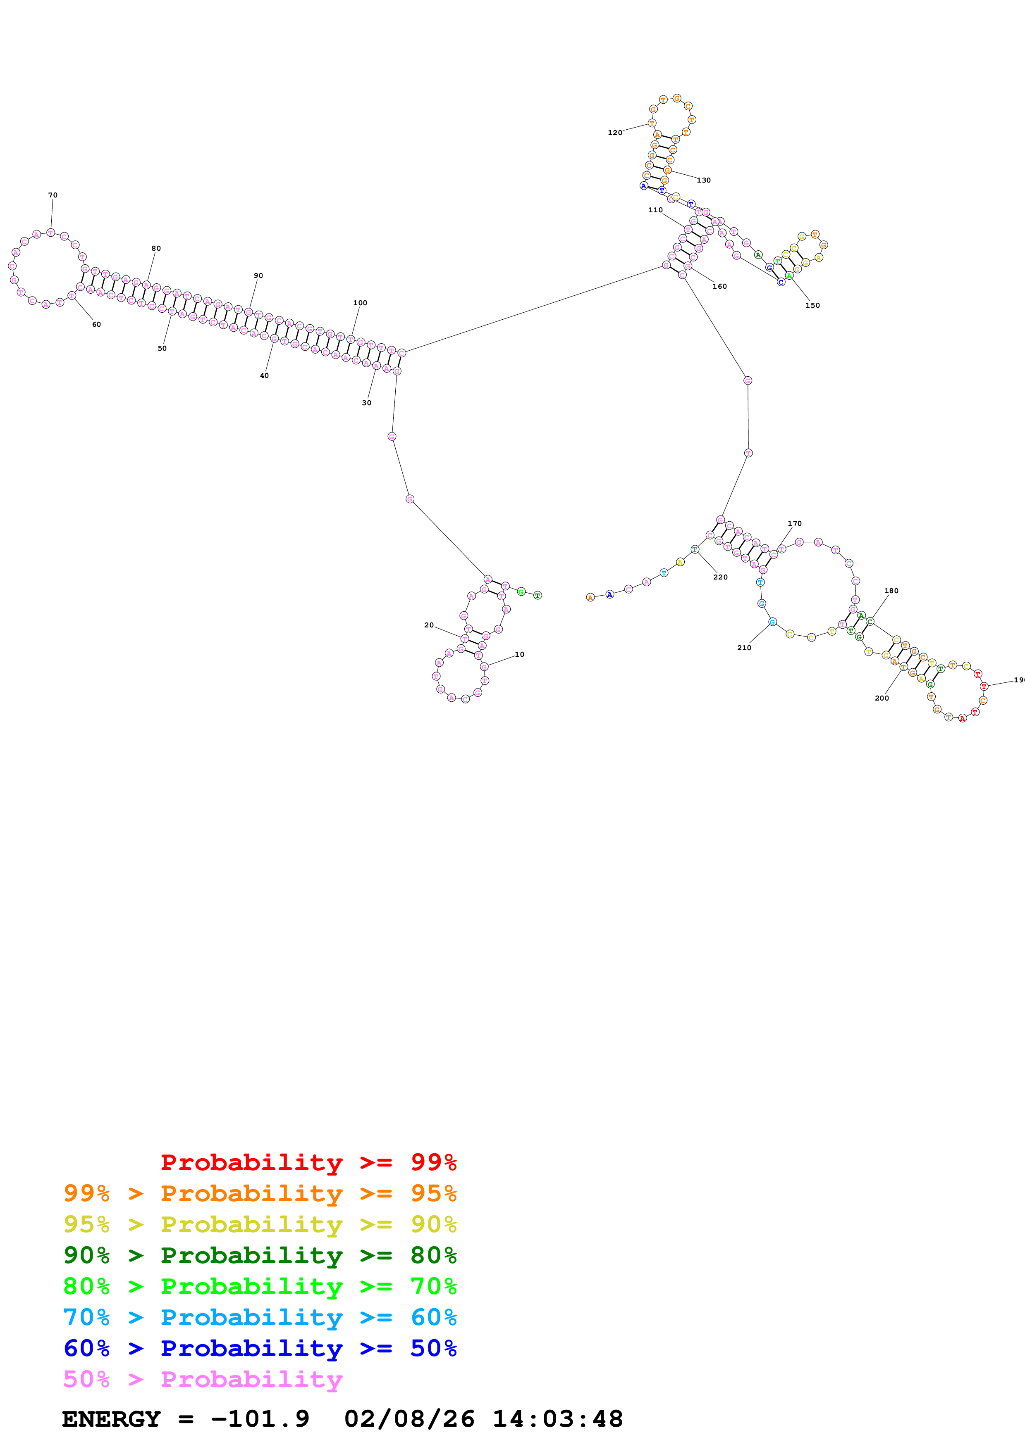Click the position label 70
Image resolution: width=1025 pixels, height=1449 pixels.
tap(53, 195)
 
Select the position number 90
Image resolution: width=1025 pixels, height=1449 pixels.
tap(258, 276)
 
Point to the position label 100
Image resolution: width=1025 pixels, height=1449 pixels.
tap(360, 303)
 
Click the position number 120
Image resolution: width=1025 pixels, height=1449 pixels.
tap(614, 133)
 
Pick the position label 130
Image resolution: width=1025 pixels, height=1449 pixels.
tap(704, 181)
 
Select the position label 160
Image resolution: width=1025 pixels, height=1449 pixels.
tap(719, 287)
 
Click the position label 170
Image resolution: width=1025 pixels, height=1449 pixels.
tap(794, 523)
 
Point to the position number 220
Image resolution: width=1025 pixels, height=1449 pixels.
tap(720, 577)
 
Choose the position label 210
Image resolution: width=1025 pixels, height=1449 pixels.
tap(744, 648)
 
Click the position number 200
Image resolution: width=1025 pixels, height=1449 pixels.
tap(882, 698)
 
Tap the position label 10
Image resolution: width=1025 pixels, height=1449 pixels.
tap(519, 654)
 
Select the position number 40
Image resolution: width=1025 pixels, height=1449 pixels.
tap(264, 375)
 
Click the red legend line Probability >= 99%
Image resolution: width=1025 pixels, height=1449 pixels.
tap(308, 1162)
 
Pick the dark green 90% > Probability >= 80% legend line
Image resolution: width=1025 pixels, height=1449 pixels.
tap(260, 1255)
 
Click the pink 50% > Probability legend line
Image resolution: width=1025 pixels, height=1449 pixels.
tap(203, 1379)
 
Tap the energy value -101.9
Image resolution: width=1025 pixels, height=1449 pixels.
tap(260, 1419)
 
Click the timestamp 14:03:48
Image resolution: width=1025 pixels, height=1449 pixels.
tap(558, 1419)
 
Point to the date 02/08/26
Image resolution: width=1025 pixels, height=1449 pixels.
tap(409, 1419)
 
